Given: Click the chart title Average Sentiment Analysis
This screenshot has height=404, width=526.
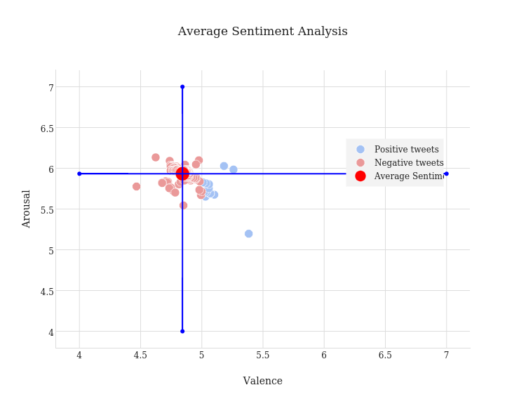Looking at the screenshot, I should (x=262, y=32).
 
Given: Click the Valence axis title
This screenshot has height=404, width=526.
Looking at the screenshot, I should (x=262, y=381).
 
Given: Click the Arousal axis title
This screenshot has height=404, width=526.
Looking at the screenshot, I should (x=27, y=209).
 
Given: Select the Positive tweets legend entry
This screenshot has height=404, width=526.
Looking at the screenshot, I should (x=406, y=150).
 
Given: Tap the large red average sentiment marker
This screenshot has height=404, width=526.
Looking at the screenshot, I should (x=182, y=174).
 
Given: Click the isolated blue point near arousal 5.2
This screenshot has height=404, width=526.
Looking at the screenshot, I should (x=248, y=234).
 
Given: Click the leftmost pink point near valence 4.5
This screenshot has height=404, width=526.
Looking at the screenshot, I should (x=136, y=186).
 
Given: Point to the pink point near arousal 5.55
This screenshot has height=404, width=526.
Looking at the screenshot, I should (x=183, y=205).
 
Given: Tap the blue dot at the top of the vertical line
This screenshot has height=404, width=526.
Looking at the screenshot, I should (x=182, y=87).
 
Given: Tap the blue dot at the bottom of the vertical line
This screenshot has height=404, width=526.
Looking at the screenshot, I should (x=182, y=331).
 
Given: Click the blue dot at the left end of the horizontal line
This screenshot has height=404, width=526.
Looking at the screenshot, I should (x=79, y=174).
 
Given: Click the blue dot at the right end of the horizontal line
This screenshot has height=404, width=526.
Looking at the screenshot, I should (x=446, y=174).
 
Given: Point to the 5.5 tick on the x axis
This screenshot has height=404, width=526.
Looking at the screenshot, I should (x=262, y=356).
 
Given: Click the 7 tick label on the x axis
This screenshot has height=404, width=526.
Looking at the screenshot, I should (x=446, y=356).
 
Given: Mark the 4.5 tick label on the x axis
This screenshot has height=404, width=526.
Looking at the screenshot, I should (x=140, y=356).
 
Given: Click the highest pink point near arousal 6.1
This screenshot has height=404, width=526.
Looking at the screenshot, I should (x=156, y=157).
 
